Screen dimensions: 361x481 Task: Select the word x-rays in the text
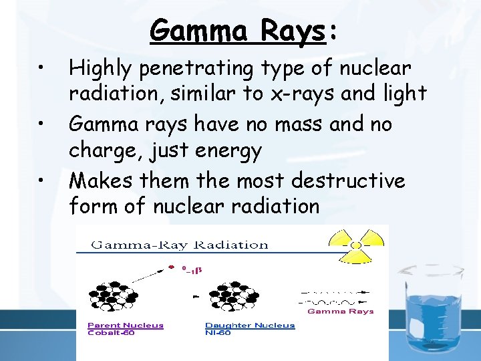coord(301,94)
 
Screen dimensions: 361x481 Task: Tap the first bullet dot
coord(41,68)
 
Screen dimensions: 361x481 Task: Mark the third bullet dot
coord(41,180)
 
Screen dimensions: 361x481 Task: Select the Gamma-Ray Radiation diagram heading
coord(179,245)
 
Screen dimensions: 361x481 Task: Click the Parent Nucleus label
coord(126,326)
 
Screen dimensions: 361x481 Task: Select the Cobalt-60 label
coord(112,333)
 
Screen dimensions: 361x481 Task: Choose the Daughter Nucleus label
coord(250,326)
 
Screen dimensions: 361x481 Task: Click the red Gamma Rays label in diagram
coord(340,312)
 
